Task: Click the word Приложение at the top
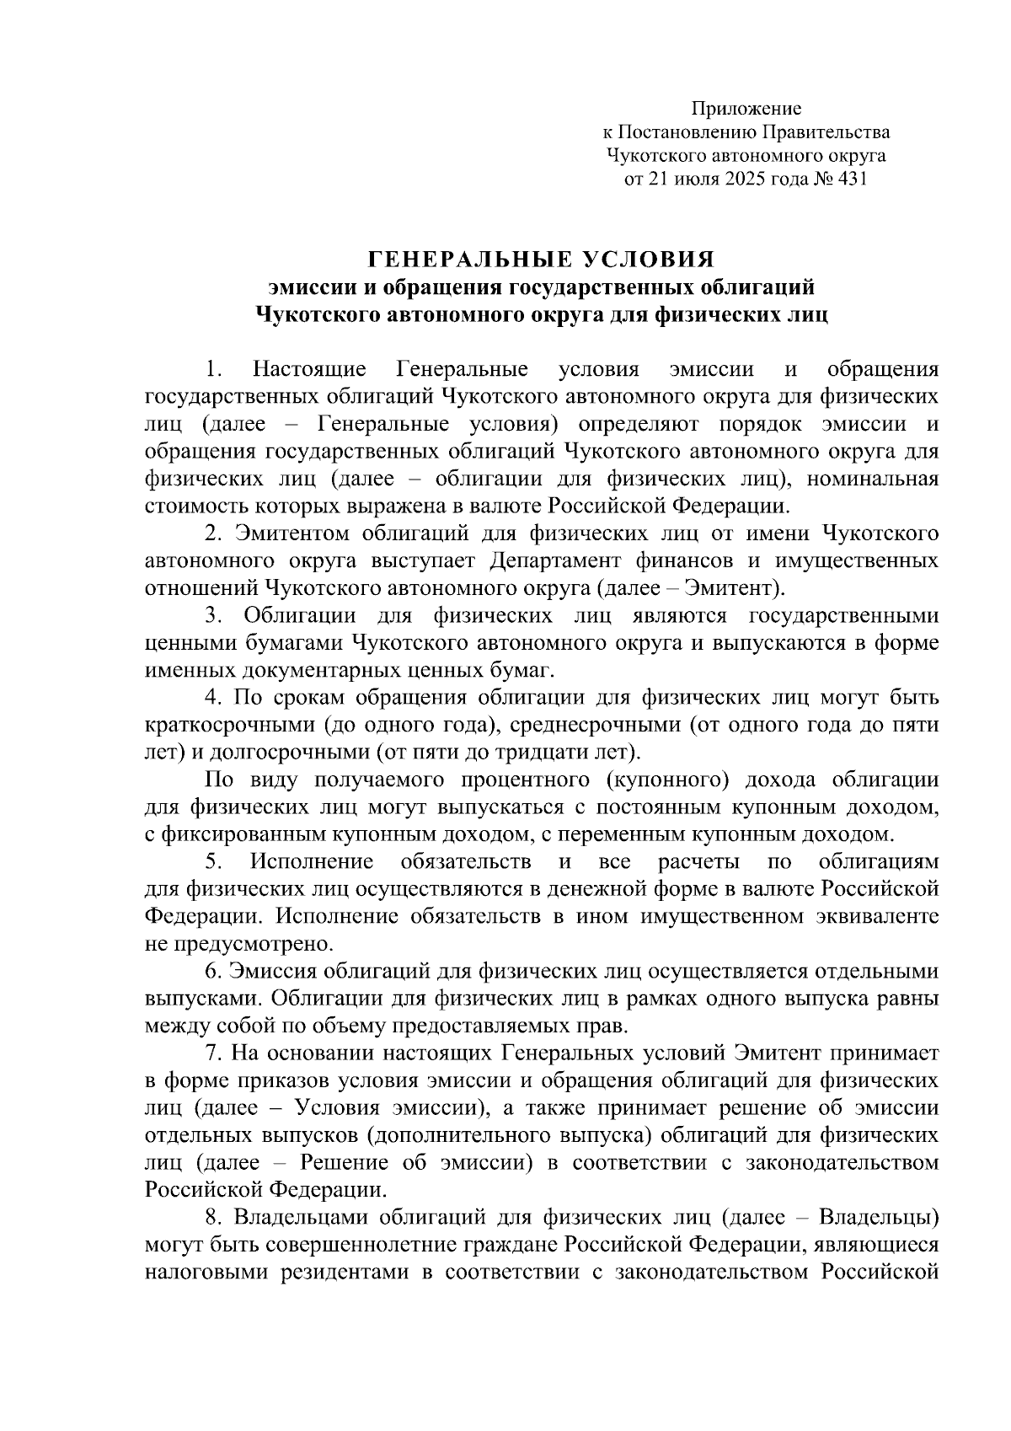click(746, 109)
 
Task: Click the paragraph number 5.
click(212, 862)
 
